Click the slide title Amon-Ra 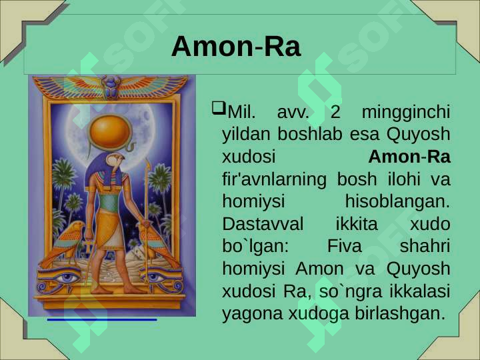[236, 47]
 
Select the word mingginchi [406, 113]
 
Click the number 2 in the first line [335, 113]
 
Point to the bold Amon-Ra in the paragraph [409, 157]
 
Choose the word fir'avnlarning [274, 180]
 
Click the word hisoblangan [397, 201]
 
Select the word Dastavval [263, 224]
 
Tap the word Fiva [344, 246]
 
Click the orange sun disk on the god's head [109, 133]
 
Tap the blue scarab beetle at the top [111, 87]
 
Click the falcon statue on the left [65, 243]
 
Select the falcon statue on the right [155, 243]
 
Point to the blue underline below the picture [102, 319]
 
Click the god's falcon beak [123, 158]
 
